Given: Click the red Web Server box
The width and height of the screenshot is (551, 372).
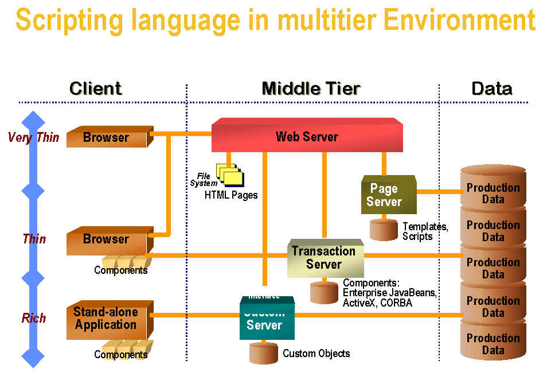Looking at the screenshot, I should click(307, 137).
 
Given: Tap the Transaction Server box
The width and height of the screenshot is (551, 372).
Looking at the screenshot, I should click(324, 258).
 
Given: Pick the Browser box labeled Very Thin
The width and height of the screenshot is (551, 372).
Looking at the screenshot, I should click(107, 138).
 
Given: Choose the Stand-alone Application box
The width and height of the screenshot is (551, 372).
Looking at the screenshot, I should click(107, 318).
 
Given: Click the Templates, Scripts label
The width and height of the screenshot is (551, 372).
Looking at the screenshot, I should click(425, 231).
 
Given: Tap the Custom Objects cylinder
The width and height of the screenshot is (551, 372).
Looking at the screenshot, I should click(263, 353).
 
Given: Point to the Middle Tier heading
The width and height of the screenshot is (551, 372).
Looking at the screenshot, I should click(311, 88).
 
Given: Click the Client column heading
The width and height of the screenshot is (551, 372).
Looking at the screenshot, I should click(95, 88).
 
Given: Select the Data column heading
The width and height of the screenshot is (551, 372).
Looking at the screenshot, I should click(491, 88).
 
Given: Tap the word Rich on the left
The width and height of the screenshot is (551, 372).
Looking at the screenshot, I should click(34, 318).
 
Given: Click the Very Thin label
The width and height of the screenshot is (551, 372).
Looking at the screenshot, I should click(33, 137).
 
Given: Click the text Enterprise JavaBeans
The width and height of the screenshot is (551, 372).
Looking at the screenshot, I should click(389, 293).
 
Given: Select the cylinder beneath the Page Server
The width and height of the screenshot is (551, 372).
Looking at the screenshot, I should click(384, 229).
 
